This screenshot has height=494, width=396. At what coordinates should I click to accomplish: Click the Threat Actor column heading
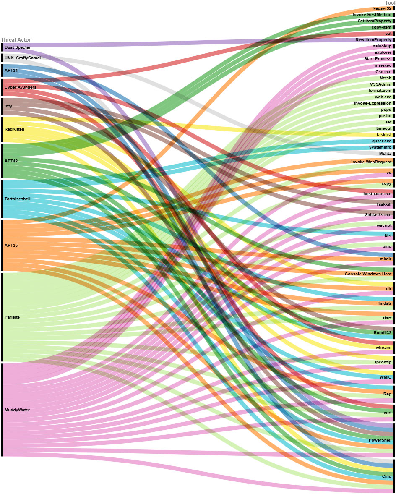pos(16,40)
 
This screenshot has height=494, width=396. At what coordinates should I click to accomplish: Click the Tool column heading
pos(390,3)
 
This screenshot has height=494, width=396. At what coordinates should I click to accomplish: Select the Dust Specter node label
pos(18,47)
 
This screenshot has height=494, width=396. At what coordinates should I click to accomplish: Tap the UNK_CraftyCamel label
pos(23,58)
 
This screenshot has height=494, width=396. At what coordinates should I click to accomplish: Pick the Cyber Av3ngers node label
pos(21,87)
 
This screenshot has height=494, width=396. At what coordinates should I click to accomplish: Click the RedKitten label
pos(14,129)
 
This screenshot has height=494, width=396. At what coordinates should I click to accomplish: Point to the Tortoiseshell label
pos(18,199)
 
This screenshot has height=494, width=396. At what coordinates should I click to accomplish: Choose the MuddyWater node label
pos(17,410)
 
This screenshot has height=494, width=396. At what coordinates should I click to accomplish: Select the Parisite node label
pos(12,317)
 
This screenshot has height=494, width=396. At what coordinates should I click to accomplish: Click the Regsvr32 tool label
pos(382,8)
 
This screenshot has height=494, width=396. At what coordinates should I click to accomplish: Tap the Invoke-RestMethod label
pos(372,15)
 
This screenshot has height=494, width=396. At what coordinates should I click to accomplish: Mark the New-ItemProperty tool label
pos(373,40)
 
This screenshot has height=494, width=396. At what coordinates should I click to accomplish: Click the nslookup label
pos(382,46)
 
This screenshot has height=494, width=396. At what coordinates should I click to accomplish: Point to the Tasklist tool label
pos(383,134)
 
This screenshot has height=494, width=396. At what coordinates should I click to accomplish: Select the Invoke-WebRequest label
pos(371,162)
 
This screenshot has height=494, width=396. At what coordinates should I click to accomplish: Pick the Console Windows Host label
pos(368,274)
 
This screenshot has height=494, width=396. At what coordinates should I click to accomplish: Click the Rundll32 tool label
pos(382,332)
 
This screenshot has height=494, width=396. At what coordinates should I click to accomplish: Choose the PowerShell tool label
pos(380,440)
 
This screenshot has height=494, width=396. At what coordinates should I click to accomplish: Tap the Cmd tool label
pos(386,476)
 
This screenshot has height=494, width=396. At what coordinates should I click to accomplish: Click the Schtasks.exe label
pos(378,214)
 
